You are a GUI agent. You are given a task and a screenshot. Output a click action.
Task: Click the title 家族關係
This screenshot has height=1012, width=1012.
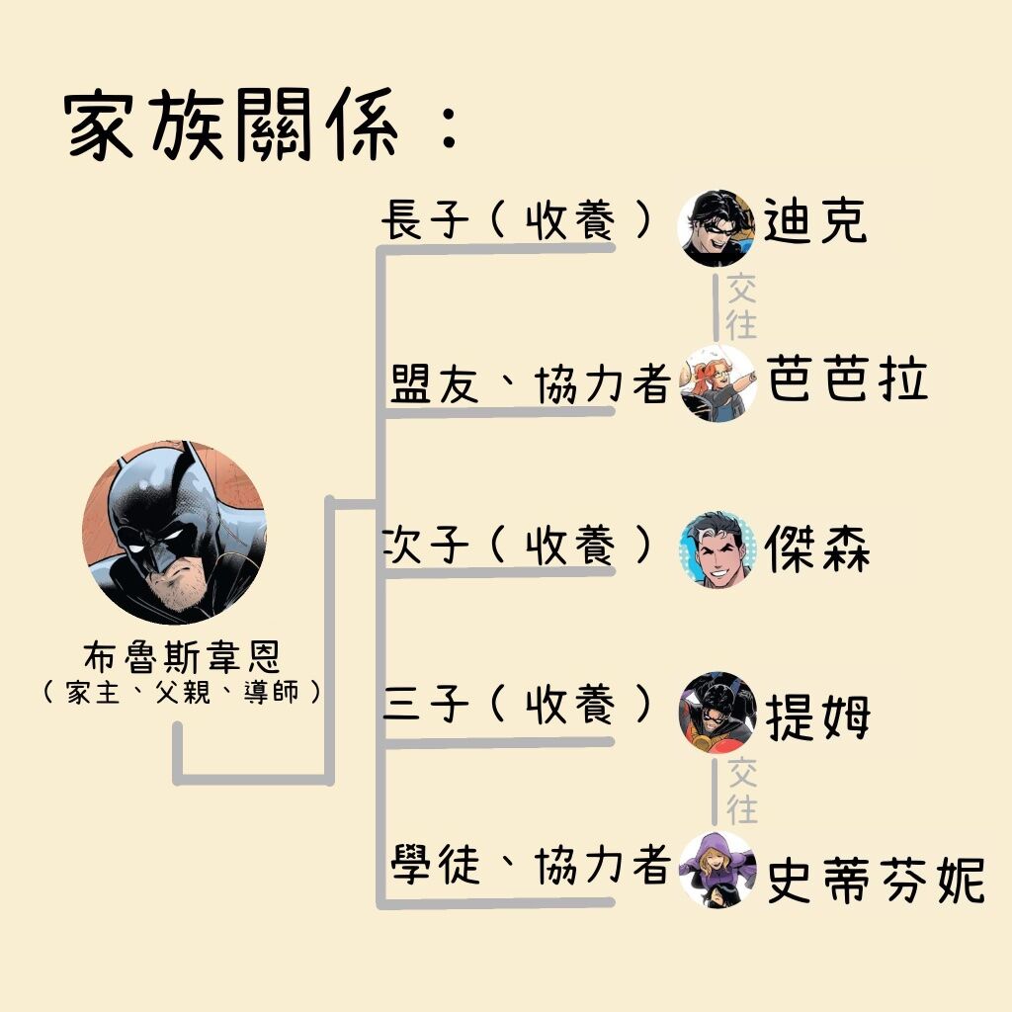[x=232, y=124]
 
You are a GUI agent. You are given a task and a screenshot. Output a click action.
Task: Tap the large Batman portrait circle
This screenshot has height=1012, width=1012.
[x=174, y=533]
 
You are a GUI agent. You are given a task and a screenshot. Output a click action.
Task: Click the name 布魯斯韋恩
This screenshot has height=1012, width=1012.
[x=183, y=656]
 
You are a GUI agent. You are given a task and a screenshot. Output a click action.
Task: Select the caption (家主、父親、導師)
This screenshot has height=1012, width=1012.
[x=182, y=693]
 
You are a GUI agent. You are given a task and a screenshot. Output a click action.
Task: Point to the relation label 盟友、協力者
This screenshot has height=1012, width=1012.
[x=530, y=383]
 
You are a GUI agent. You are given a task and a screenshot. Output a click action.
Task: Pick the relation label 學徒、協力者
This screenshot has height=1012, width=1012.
[x=530, y=864]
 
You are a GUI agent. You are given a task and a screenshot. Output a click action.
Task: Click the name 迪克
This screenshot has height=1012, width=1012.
[x=814, y=220]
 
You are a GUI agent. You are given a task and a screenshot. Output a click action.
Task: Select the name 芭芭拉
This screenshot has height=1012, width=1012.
[x=847, y=379]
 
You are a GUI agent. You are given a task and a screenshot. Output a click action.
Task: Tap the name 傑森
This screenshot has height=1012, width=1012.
[x=817, y=548]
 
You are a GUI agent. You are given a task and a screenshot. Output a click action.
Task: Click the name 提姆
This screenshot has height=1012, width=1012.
[x=817, y=717]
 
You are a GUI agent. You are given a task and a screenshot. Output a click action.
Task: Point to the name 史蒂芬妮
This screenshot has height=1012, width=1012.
[x=876, y=879]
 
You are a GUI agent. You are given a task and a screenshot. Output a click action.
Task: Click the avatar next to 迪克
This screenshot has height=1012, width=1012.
[x=717, y=228]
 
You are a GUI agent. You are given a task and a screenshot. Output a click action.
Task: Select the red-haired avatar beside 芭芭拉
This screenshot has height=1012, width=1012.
[x=717, y=382]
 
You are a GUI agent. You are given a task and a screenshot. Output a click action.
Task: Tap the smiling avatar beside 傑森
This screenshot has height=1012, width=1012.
[x=717, y=549]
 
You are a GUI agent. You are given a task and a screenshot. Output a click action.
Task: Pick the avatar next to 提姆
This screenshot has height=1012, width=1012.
[x=717, y=714]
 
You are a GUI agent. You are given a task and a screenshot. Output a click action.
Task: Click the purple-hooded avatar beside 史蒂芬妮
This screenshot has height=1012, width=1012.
[x=717, y=870]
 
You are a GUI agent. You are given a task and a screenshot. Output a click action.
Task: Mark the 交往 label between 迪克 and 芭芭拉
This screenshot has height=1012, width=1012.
[x=741, y=306]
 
